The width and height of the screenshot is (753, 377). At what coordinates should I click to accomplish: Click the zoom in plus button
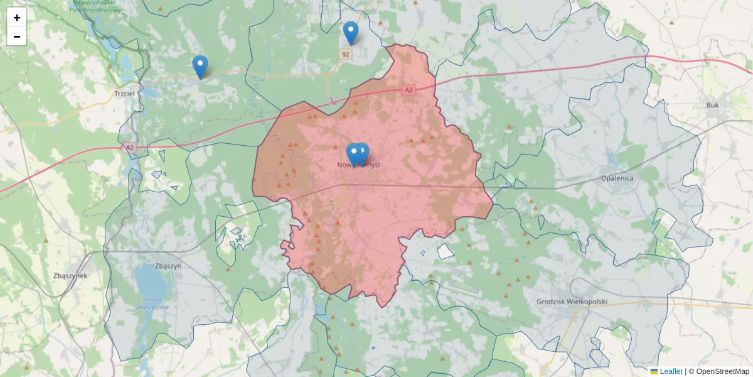(x=17, y=18)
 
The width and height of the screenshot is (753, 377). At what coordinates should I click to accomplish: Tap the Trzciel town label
(x=125, y=93)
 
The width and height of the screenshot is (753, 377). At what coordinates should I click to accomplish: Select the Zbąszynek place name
(x=70, y=275)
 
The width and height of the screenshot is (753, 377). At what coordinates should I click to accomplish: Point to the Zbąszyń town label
(x=167, y=266)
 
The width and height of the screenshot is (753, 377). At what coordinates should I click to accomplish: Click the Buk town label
(x=712, y=106)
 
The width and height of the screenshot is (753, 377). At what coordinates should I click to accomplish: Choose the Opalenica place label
(x=617, y=178)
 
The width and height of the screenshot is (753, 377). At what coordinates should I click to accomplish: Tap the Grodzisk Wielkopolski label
(x=572, y=302)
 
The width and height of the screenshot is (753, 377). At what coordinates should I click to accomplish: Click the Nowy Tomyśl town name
(x=359, y=165)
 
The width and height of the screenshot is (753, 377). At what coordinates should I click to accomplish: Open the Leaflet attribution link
(x=671, y=371)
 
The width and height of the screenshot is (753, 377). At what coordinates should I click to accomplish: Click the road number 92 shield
(x=346, y=55)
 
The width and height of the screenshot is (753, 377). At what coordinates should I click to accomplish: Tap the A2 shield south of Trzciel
(x=129, y=147)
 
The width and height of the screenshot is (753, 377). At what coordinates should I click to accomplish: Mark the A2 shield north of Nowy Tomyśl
(x=409, y=90)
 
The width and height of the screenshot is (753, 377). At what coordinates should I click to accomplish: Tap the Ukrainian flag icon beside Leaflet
(x=654, y=371)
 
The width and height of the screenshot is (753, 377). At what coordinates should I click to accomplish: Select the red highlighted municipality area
(x=376, y=214)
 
